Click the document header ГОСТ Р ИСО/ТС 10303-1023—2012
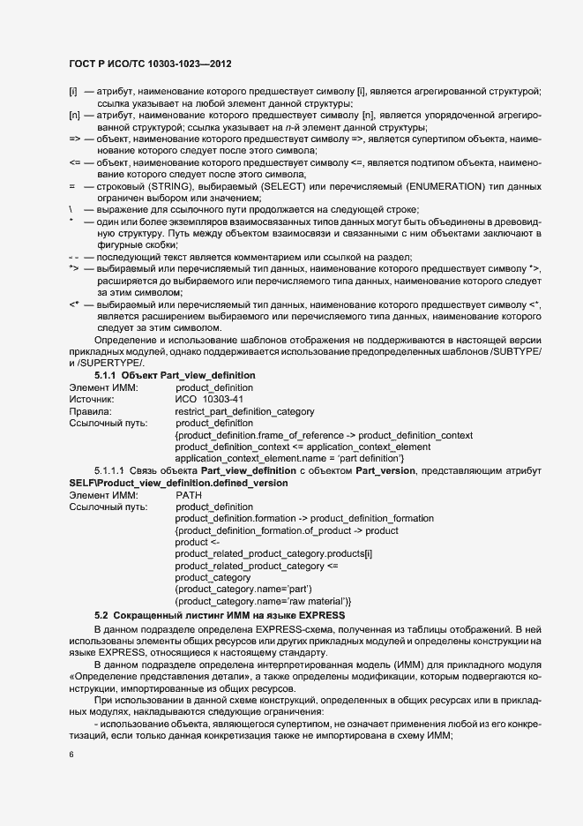(151, 64)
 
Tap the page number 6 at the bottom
(71, 755)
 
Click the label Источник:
(92, 400)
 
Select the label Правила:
(90, 411)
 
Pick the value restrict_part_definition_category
(250, 411)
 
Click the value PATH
(189, 495)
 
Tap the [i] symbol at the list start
(73, 93)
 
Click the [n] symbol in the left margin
(74, 116)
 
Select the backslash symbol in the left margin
(71, 209)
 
